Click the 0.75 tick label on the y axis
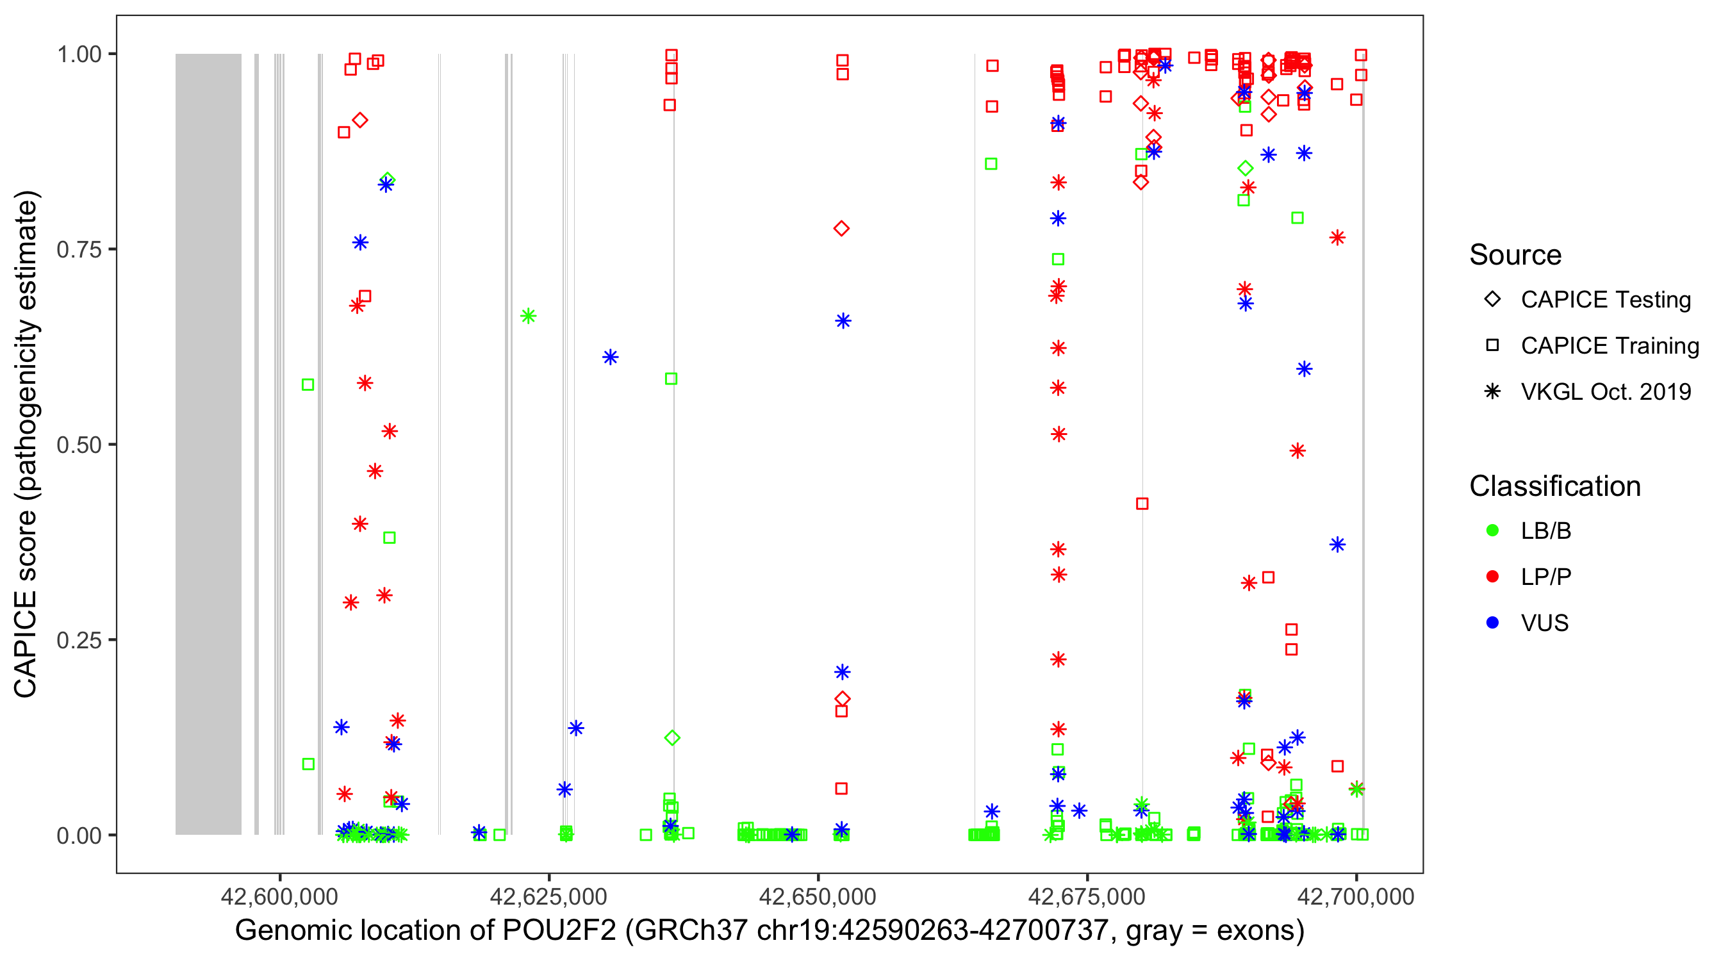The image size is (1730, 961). tap(78, 249)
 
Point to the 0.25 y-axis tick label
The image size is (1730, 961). tap(78, 640)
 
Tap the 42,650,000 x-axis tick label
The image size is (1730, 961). tap(818, 896)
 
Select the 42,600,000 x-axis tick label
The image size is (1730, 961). tap(279, 896)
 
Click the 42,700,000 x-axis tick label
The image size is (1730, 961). tap(1355, 896)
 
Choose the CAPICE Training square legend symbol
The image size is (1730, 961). tap(1492, 345)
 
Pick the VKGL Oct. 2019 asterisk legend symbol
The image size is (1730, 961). tap(1492, 391)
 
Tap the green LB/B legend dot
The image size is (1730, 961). tap(1492, 530)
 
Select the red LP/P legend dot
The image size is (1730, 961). tap(1492, 577)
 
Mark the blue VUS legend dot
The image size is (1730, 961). tap(1492, 623)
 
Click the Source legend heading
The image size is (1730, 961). tap(1515, 255)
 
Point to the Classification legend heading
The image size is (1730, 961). tap(1554, 486)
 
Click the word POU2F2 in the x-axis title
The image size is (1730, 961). tap(559, 931)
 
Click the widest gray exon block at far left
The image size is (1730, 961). tap(208, 443)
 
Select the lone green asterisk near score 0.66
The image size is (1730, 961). tap(528, 316)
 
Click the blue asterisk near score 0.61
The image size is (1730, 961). tap(610, 357)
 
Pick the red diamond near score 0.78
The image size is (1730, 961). tap(841, 228)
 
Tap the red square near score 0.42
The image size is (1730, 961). tap(1142, 504)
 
